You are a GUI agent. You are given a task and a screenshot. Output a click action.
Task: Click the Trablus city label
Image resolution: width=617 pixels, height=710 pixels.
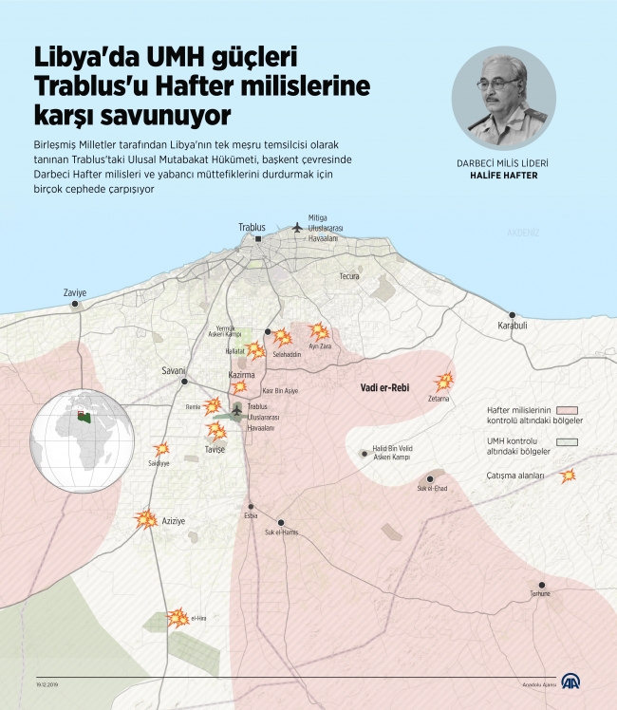coord(252,227)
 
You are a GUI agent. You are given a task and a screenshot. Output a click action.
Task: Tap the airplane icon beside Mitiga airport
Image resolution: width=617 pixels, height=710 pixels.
coord(297,227)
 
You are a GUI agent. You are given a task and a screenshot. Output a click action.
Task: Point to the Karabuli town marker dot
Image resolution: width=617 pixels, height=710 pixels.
coord(513,315)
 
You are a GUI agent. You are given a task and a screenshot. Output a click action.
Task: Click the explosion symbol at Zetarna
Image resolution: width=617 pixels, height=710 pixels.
coord(444,383)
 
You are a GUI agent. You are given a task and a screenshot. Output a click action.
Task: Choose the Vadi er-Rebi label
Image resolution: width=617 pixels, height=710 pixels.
coord(384,387)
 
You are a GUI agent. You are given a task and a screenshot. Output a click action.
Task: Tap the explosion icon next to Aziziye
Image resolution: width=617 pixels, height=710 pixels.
coord(146,519)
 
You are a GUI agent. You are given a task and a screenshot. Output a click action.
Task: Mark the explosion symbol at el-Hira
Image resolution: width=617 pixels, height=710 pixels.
coord(178,619)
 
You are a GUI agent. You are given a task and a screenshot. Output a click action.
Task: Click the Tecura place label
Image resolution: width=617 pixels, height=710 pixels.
coord(350,276)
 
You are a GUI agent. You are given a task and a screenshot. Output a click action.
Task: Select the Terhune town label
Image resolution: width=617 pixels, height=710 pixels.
coord(542,594)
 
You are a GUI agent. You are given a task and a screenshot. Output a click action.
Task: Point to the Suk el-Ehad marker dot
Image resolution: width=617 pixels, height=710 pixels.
coord(431,478)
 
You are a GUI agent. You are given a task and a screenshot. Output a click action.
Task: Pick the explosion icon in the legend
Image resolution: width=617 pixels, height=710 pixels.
coord(568,476)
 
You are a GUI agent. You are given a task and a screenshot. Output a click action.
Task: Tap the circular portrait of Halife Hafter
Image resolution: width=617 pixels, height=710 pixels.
coord(503,98)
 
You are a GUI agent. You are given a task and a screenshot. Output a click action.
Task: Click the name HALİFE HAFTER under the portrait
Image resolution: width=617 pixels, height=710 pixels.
coord(503,176)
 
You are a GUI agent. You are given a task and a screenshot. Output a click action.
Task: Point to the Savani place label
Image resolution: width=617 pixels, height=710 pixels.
coord(173,369)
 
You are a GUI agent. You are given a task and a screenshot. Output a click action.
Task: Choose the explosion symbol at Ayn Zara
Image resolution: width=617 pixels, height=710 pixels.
coord(319,332)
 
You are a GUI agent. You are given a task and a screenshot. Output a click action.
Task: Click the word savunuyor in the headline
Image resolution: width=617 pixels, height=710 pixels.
coord(173,116)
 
